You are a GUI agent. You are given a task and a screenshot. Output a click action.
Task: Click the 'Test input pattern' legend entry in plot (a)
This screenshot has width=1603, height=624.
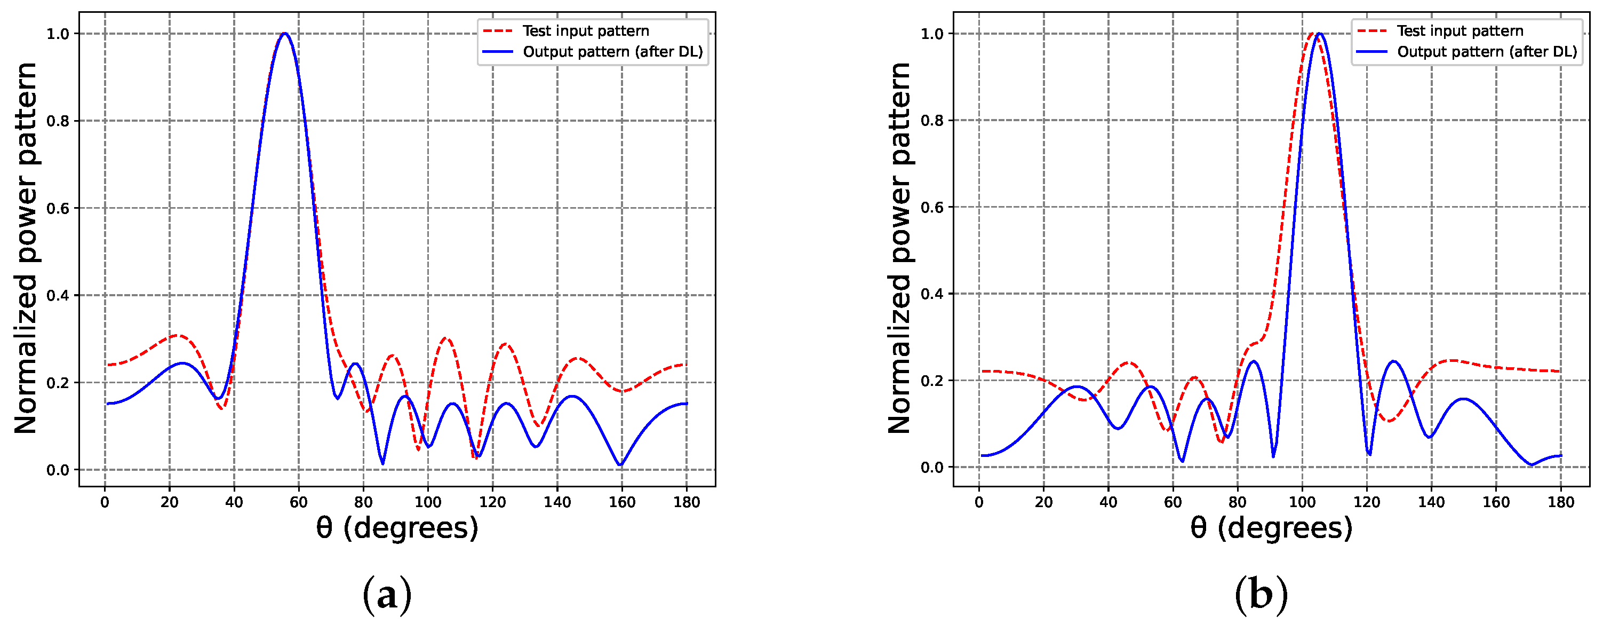pyautogui.click(x=585, y=31)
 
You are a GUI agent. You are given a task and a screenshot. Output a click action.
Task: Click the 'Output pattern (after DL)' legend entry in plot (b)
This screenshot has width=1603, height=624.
pyautogui.click(x=1487, y=52)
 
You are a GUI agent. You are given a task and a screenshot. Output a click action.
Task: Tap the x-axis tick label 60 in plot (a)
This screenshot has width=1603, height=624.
pyautogui.click(x=299, y=502)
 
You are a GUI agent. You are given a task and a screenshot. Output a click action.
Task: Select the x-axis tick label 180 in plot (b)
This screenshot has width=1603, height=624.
pyautogui.click(x=1561, y=502)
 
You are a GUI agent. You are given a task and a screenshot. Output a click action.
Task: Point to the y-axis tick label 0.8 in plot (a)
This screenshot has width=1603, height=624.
pyautogui.click(x=58, y=121)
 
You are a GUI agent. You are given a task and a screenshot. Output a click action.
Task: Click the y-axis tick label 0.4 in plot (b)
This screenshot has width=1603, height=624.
pyautogui.click(x=932, y=294)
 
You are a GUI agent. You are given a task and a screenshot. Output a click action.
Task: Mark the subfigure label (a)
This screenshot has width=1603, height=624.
pyautogui.click(x=387, y=595)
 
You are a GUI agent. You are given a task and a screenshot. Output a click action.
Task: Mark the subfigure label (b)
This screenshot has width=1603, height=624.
pyautogui.click(x=1261, y=595)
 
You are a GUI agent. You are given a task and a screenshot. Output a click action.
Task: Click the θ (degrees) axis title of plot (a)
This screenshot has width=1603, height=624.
pyautogui.click(x=397, y=528)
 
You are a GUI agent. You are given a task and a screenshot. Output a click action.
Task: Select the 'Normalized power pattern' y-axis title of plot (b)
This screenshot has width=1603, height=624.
pyautogui.click(x=899, y=248)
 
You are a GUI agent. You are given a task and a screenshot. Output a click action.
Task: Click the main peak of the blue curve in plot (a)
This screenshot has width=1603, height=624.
pyautogui.click(x=285, y=34)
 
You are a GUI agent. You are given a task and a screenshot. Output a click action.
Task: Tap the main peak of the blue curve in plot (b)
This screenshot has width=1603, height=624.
pyautogui.click(x=1319, y=34)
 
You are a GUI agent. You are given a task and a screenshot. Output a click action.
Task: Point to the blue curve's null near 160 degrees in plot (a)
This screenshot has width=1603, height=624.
pyautogui.click(x=620, y=464)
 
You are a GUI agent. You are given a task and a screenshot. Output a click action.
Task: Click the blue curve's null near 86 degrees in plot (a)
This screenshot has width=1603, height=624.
pyautogui.click(x=382, y=463)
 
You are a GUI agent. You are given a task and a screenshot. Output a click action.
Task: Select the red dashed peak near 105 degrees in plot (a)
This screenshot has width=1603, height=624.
pyautogui.click(x=445, y=338)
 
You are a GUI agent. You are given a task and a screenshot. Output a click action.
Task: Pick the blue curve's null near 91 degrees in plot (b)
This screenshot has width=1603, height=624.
pyautogui.click(x=1273, y=456)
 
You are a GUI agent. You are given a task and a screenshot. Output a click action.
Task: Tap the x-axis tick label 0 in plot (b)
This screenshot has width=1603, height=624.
pyautogui.click(x=979, y=502)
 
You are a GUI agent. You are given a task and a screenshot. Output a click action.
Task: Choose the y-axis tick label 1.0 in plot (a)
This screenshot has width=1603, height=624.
pyautogui.click(x=58, y=34)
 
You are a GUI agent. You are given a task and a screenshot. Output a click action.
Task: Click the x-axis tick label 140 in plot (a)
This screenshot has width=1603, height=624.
pyautogui.click(x=557, y=502)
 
